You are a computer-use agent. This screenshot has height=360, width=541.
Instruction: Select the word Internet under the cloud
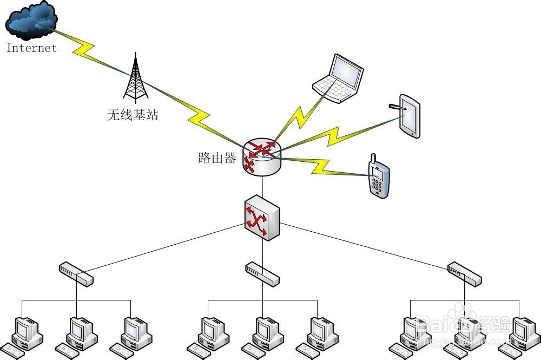31,48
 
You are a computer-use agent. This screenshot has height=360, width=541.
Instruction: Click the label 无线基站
133,115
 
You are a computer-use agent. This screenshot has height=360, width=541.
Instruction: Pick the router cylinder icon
262,157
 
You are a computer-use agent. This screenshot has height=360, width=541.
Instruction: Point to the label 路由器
217,158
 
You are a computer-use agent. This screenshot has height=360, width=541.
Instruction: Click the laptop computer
338,78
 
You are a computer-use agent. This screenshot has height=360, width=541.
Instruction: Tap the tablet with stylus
408,115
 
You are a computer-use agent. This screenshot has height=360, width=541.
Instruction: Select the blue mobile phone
379,179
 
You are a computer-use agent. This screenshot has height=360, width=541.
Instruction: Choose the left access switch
76,273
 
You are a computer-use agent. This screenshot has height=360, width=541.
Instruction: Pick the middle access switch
262,273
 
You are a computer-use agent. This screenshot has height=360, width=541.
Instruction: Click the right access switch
465,273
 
